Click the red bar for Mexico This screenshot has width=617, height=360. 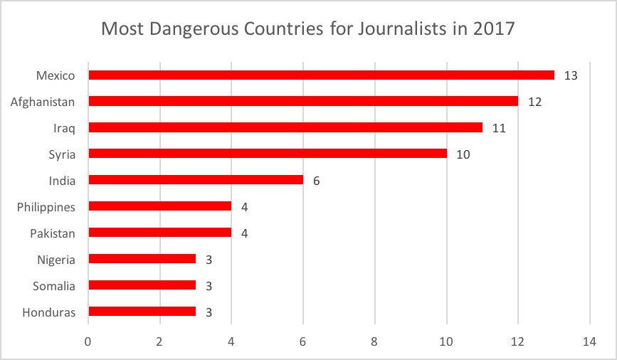[x=320, y=75]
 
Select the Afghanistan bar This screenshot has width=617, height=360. [x=302, y=101]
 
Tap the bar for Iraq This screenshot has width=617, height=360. [x=285, y=127]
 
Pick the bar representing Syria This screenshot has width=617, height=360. [x=267, y=154]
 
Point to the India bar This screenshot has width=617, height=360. [x=195, y=180]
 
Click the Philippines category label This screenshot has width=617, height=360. [x=46, y=206]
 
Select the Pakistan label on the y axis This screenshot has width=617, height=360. [x=52, y=233]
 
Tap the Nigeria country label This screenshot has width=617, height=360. [x=56, y=259]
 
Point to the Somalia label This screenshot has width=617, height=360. [x=53, y=285]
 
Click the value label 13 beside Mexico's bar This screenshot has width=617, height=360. [x=570, y=75]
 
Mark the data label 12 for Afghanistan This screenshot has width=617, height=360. [x=534, y=102]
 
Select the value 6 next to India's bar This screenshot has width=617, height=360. [x=316, y=181]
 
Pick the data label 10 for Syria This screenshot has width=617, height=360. [x=463, y=154]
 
